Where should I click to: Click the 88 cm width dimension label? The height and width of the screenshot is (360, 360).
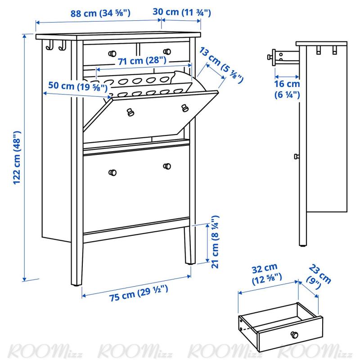[100, 13]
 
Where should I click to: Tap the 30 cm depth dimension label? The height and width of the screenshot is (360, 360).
[182, 12]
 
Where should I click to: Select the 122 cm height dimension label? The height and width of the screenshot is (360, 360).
[17, 158]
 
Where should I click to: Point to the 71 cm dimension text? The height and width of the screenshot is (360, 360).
[142, 61]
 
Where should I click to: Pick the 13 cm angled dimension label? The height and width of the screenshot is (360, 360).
[221, 65]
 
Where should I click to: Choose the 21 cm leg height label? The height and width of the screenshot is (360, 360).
[215, 242]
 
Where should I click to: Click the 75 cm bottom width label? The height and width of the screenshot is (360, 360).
[139, 293]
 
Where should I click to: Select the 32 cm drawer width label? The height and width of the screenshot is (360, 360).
[266, 274]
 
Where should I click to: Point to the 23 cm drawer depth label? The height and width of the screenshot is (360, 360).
[319, 277]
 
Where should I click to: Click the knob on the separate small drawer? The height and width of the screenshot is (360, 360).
[294, 334]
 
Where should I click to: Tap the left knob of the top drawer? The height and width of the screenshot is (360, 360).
[112, 54]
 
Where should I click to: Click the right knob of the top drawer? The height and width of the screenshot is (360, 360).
[167, 52]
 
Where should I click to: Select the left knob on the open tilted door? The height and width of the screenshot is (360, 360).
[130, 112]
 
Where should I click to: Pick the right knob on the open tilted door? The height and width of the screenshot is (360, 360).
[185, 108]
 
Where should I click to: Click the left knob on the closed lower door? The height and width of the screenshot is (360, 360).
[112, 172]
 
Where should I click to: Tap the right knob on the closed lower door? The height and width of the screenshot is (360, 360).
[167, 166]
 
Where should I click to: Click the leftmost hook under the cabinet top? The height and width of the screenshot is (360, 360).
[50, 45]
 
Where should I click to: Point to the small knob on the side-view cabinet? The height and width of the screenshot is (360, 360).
[297, 157]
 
